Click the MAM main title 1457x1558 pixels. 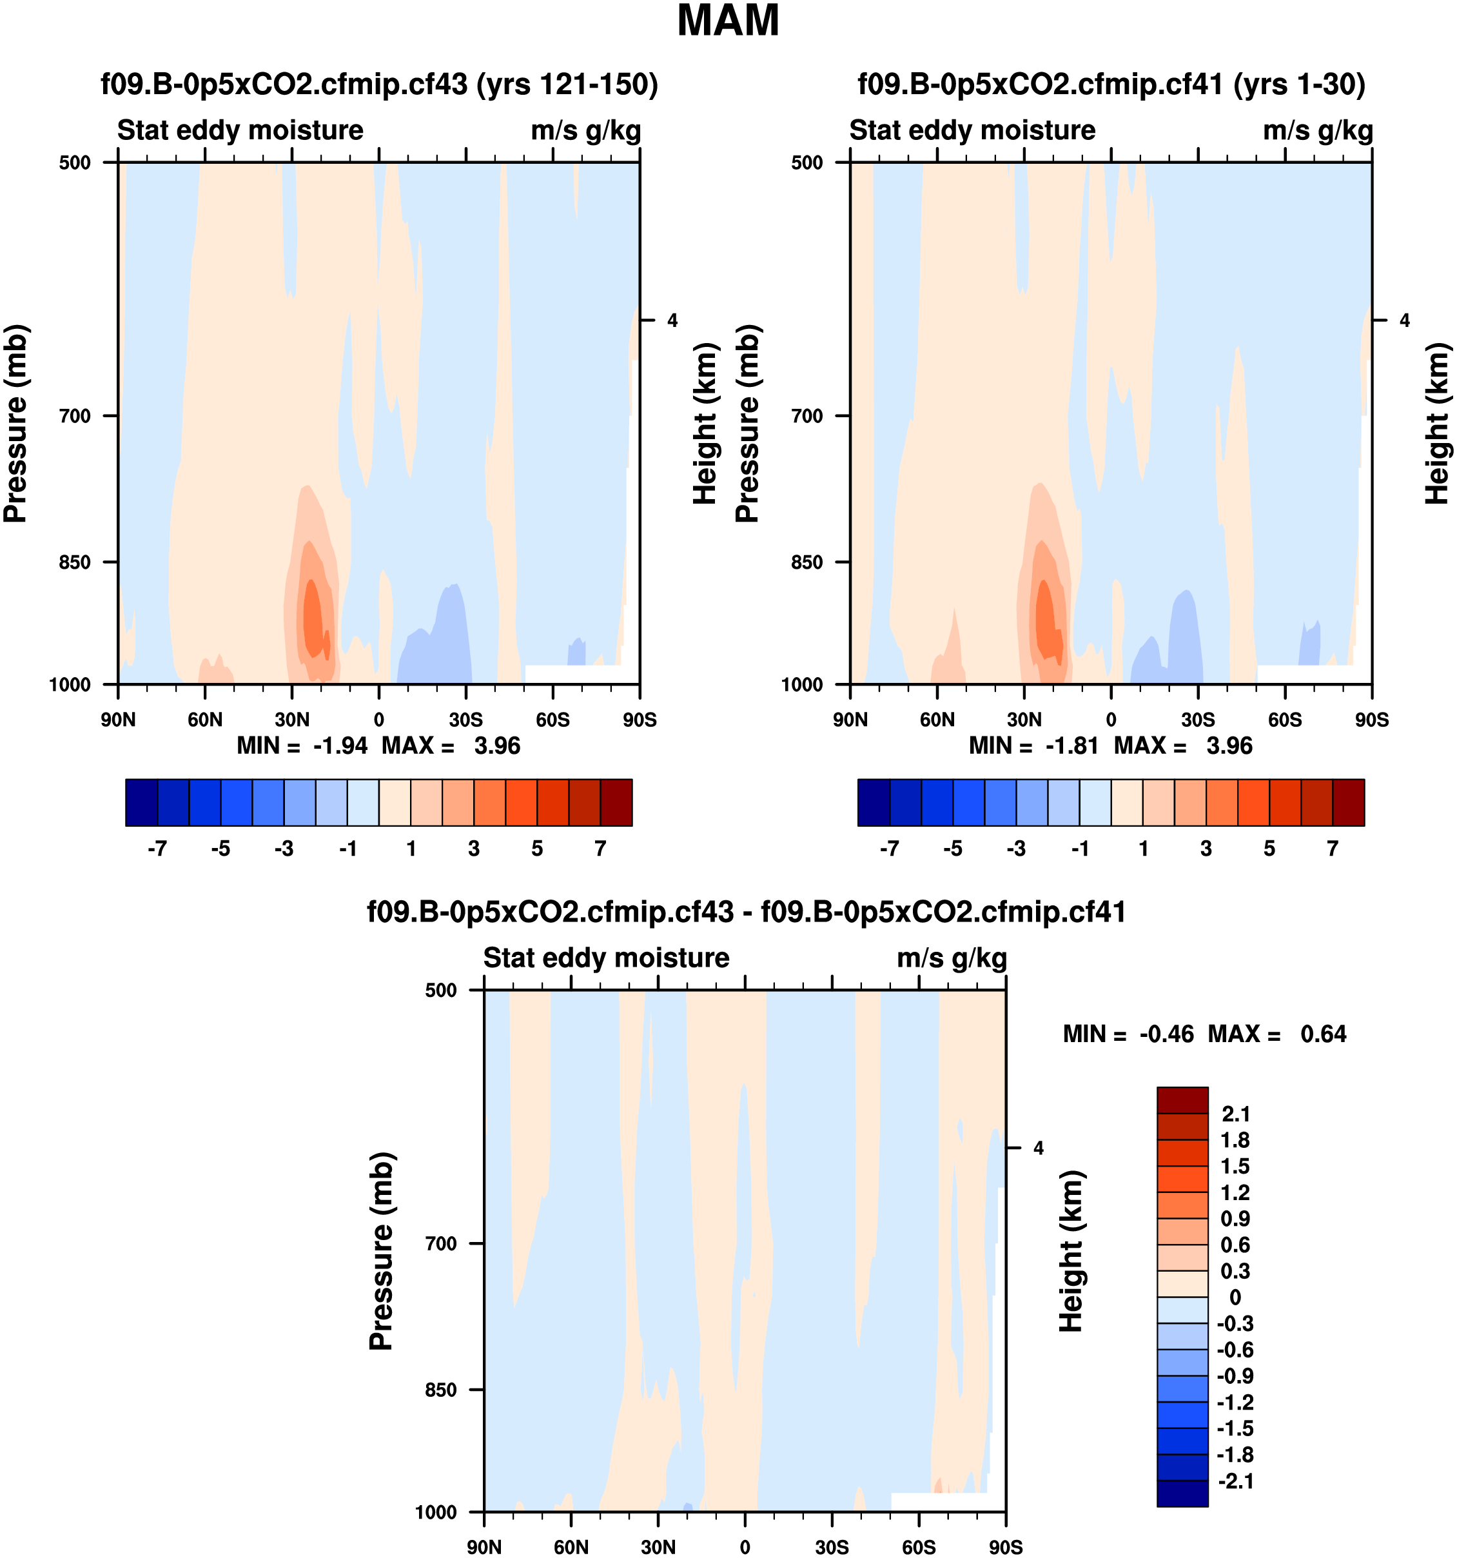point(728,21)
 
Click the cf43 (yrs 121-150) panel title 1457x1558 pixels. point(379,84)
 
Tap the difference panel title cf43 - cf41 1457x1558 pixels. point(746,911)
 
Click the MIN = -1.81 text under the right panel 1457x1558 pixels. point(1033,745)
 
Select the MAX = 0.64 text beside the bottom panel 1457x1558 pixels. point(1277,1034)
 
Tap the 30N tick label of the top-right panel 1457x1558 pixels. point(1024,720)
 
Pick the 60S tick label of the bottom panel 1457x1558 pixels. point(918,1547)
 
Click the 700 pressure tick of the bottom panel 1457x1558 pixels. point(441,1243)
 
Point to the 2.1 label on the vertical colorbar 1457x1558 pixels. point(1235,1114)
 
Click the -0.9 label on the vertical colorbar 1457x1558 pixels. point(1235,1376)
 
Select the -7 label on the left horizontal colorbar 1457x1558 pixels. point(157,849)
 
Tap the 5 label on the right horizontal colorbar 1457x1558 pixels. point(1269,849)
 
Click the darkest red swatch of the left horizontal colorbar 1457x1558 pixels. point(616,802)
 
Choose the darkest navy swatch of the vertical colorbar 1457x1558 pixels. point(1182,1493)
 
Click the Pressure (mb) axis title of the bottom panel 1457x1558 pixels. point(381,1251)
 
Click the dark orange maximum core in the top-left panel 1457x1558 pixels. point(313,619)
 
